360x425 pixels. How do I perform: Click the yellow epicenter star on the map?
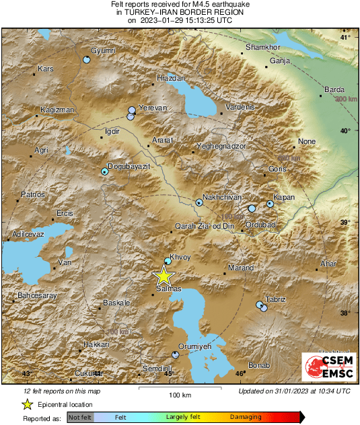pyautogui.click(x=163, y=276)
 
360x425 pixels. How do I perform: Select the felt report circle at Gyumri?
pyautogui.click(x=86, y=61)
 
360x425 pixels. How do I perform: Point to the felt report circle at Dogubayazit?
pyautogui.click(x=105, y=171)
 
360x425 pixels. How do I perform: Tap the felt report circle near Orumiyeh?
pyautogui.click(x=176, y=354)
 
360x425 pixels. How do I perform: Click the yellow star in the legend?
pyautogui.click(x=27, y=404)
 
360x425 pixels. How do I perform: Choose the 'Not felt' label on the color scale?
pyautogui.click(x=79, y=418)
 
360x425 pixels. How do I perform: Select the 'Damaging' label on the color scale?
pyautogui.click(x=246, y=418)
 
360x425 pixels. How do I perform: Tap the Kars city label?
pyautogui.click(x=46, y=69)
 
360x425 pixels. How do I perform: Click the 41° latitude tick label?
pyautogui.click(x=345, y=37)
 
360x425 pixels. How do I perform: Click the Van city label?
pyautogui.click(x=65, y=262)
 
